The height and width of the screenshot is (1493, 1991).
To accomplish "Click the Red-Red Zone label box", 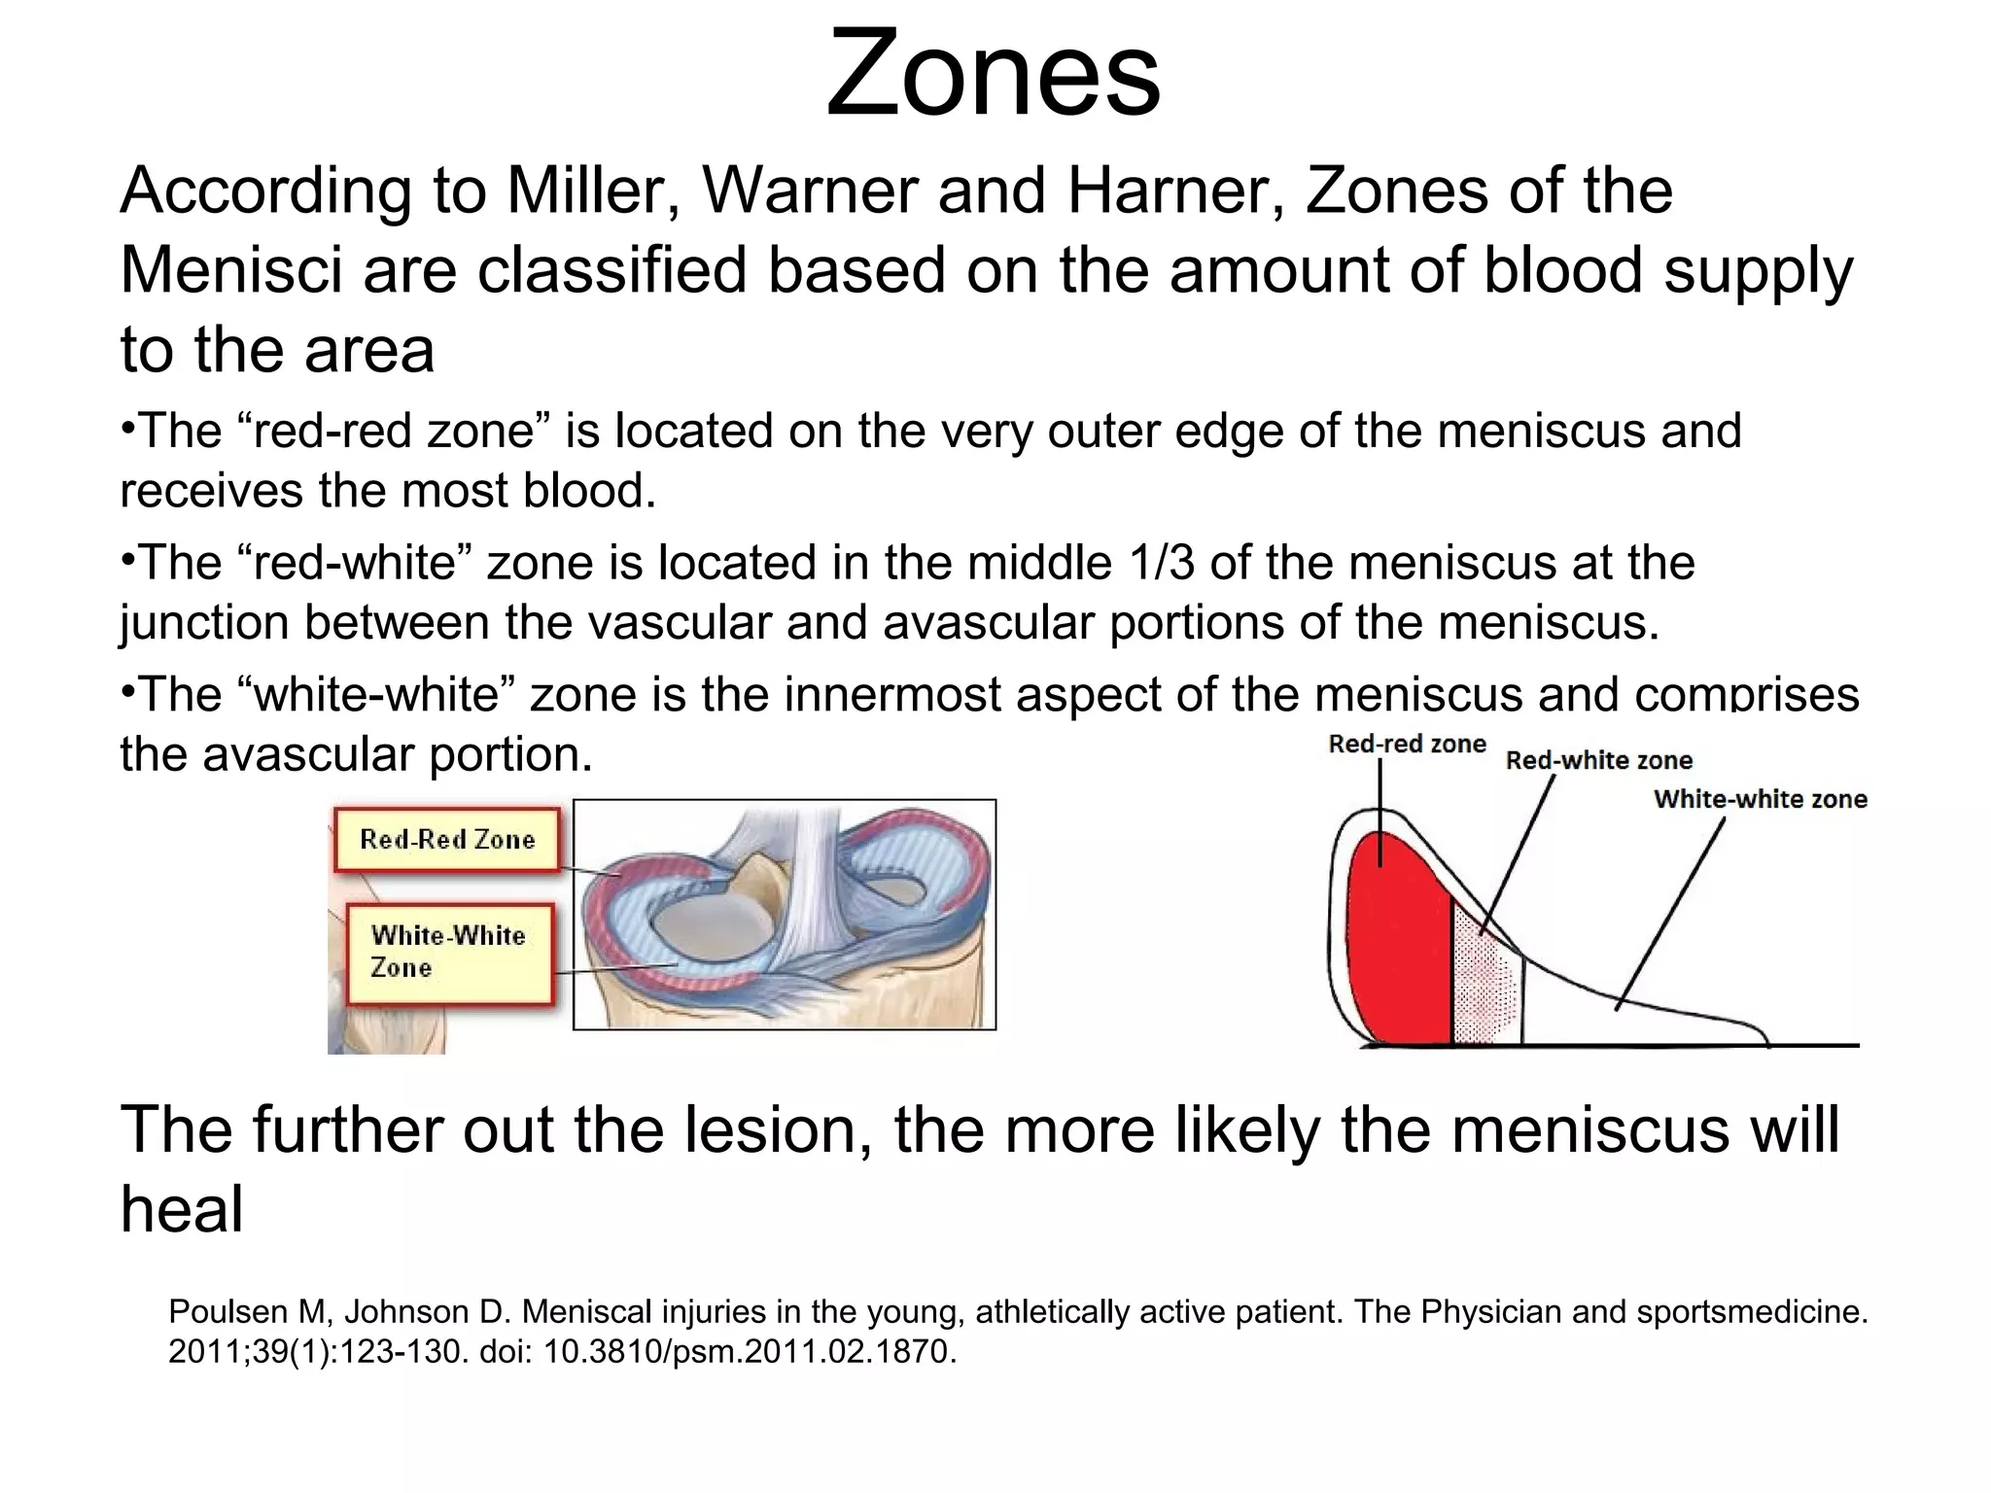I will point(447,839).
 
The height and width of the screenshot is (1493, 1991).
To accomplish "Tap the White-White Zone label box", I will point(449,952).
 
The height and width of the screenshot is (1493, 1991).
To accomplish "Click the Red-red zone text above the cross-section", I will point(1407,745).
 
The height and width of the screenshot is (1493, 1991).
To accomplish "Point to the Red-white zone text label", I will point(1598,760).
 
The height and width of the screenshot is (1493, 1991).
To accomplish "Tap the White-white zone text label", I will point(1760,799).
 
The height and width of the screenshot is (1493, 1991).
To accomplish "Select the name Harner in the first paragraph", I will point(1175,191).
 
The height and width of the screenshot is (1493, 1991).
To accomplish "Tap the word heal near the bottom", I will point(182,1210).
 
